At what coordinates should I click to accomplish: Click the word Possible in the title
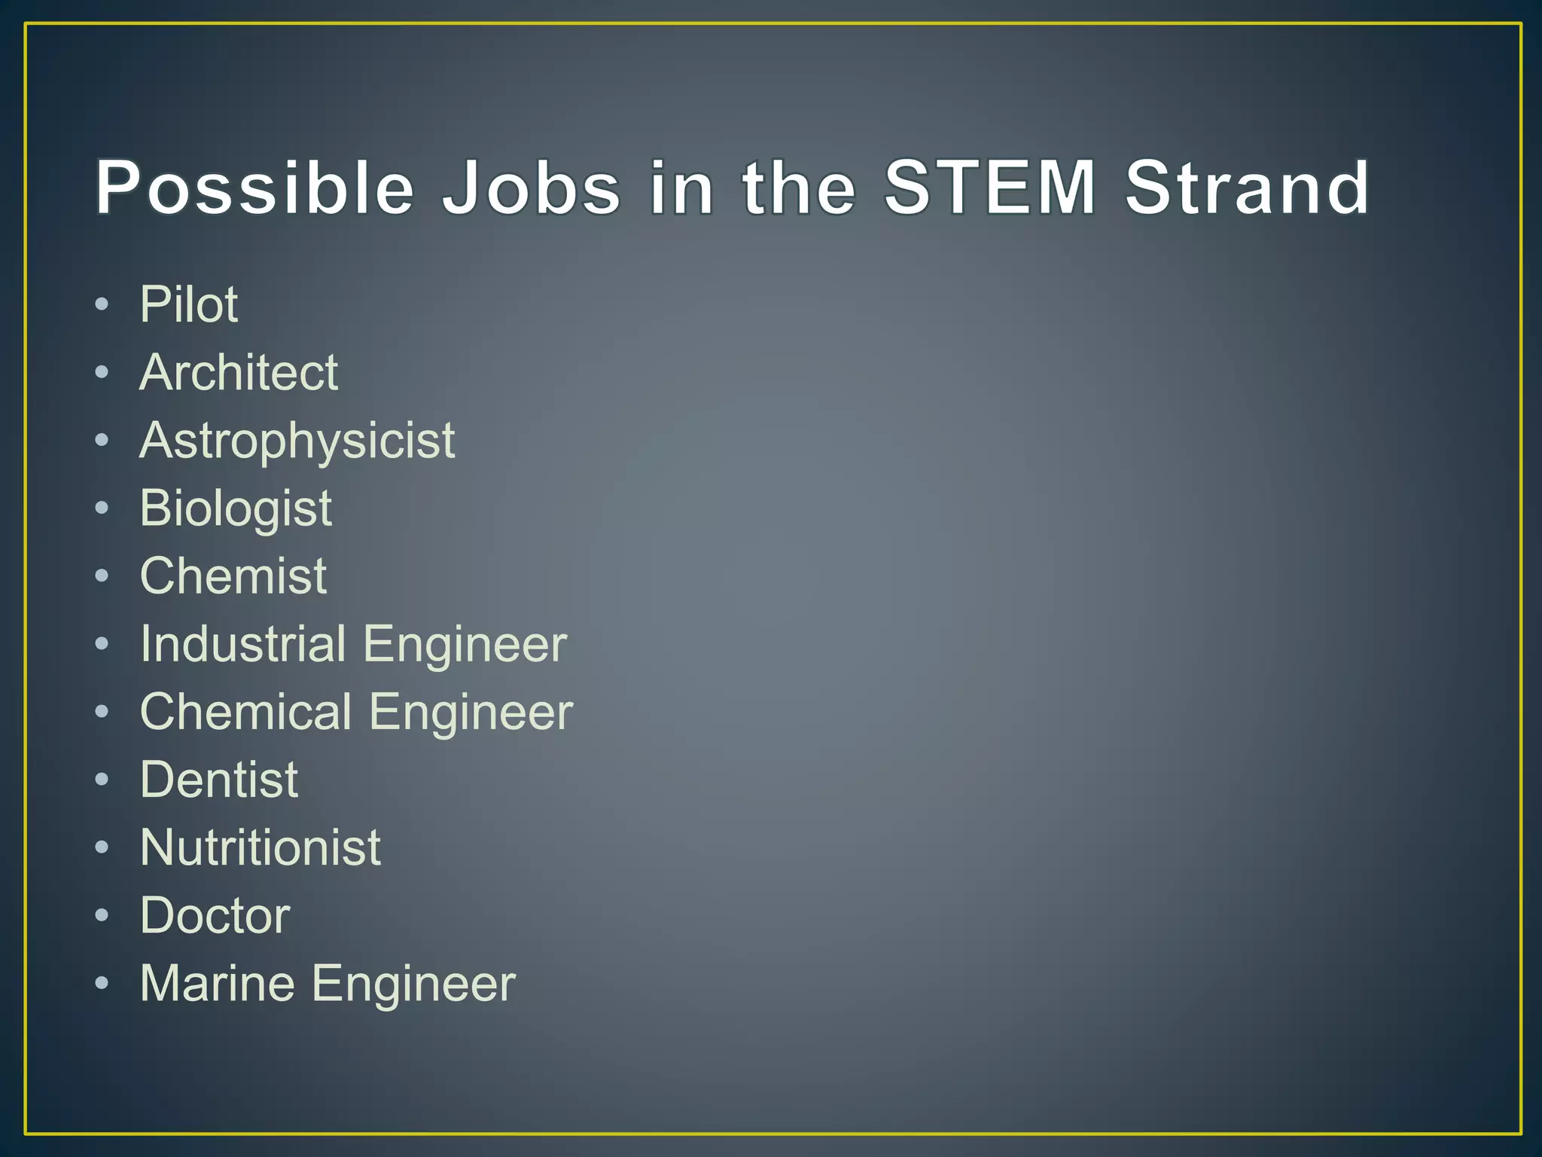[254, 188]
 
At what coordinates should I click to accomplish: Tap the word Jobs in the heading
[532, 188]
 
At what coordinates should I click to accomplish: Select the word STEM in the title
[989, 188]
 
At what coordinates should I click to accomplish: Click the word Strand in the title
[1247, 188]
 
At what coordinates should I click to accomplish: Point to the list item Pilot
[189, 304]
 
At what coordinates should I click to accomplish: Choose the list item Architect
[239, 372]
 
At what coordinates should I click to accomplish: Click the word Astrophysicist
[297, 441]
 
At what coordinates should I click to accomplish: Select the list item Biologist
[236, 508]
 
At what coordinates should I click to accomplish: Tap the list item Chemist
[233, 576]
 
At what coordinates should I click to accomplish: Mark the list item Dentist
[219, 780]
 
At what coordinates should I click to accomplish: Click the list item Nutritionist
[261, 847]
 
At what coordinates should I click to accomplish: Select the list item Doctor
[215, 915]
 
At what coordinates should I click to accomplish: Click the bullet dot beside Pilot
[102, 305]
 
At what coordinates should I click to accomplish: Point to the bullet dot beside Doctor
[102, 916]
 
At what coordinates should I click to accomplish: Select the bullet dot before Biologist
[102, 508]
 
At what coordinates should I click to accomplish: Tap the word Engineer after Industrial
[465, 646]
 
